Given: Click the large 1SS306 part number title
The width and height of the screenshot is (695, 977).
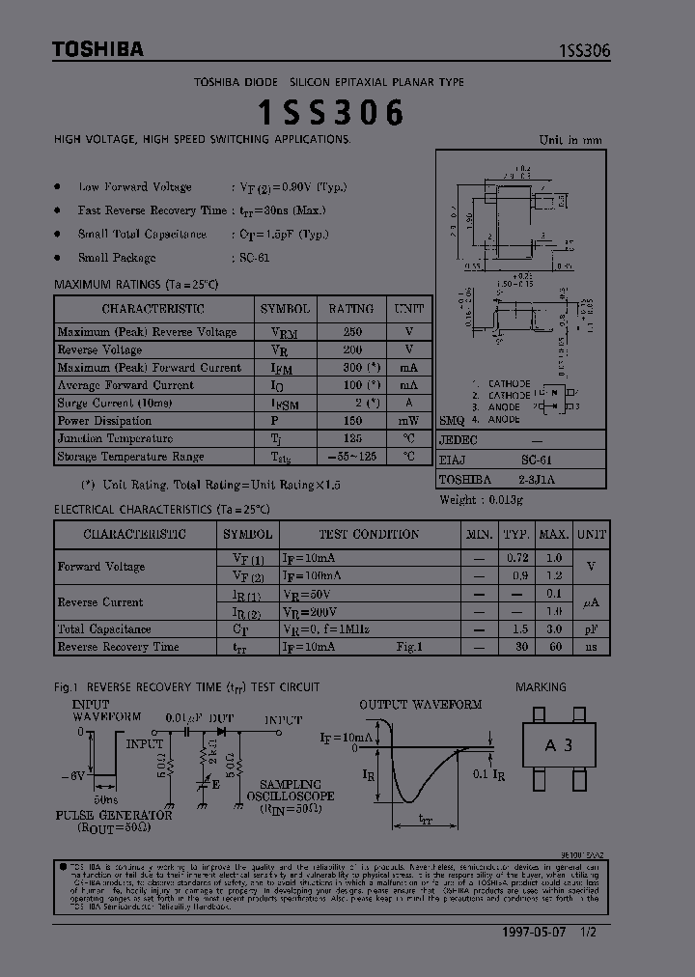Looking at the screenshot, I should click(x=330, y=114).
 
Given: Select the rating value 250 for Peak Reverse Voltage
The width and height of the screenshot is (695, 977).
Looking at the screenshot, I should click(x=351, y=332).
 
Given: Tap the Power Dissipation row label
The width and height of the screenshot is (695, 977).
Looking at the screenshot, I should click(x=104, y=421).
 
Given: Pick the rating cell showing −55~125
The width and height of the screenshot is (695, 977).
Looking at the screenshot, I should click(x=351, y=457).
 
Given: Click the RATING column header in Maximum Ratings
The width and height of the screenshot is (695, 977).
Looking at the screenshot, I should click(x=351, y=309).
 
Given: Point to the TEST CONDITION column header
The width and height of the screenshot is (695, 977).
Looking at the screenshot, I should click(x=369, y=534).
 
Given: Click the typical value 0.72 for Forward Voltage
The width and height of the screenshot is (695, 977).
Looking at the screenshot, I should click(x=518, y=558).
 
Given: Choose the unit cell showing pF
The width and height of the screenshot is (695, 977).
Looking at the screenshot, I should click(x=591, y=628).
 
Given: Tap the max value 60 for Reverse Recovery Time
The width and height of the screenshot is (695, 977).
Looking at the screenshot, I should click(x=553, y=647).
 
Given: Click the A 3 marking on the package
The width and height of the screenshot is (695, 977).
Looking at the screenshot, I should click(x=558, y=744).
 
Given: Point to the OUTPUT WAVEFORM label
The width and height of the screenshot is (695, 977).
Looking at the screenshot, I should click(x=420, y=705).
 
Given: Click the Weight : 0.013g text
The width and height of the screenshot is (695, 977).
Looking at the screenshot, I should click(x=481, y=500).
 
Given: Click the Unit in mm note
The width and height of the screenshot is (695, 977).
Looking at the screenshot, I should click(x=570, y=140).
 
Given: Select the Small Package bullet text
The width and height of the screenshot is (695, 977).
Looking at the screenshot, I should click(x=117, y=258).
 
